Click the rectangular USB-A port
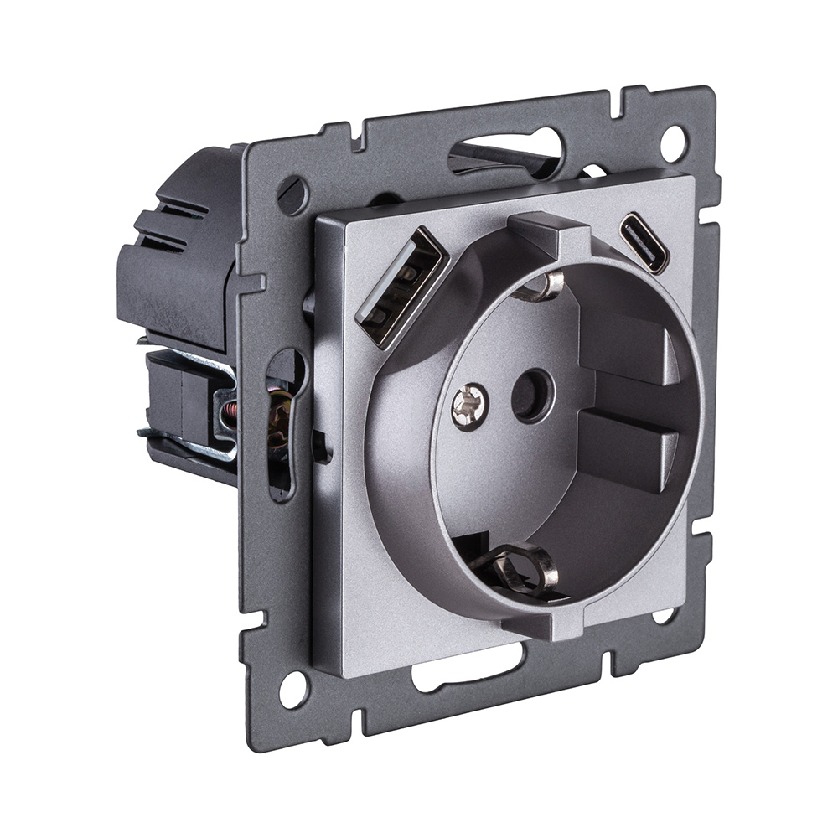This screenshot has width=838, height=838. (397, 285)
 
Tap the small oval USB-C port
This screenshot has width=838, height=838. (644, 243)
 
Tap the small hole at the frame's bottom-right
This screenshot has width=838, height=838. (663, 616)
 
